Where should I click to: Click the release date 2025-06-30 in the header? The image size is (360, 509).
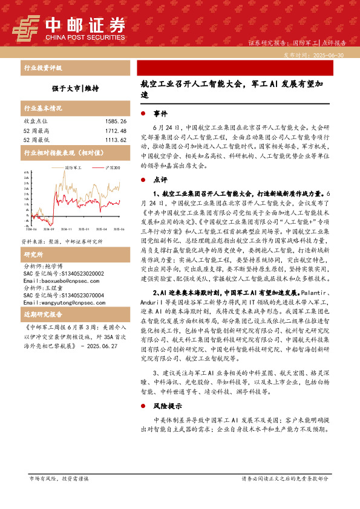click(332, 54)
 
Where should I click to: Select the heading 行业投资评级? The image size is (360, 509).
click(43, 68)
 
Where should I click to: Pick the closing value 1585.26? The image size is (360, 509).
click(114, 122)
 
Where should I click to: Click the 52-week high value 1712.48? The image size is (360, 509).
click(114, 131)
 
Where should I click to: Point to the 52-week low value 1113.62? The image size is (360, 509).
click(114, 140)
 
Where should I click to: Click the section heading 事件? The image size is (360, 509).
click(160, 114)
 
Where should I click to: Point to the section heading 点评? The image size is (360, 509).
click(160, 180)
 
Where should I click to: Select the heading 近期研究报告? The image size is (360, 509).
click(43, 315)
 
